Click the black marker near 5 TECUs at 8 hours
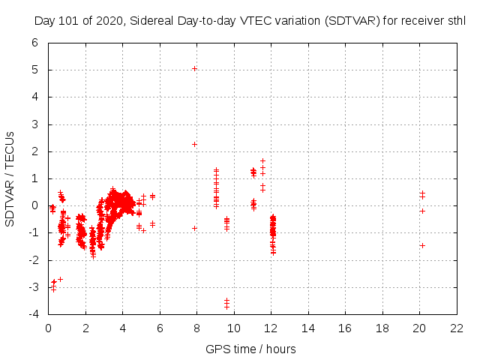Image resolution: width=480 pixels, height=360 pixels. pyautogui.click(x=194, y=68)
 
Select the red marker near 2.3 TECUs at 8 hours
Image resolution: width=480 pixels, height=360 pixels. pyautogui.click(x=194, y=144)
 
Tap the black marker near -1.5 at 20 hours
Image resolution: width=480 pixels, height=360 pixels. pyautogui.click(x=422, y=245)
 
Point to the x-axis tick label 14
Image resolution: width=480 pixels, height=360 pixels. pyautogui.click(x=308, y=328)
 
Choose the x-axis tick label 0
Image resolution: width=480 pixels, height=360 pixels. pyautogui.click(x=49, y=328)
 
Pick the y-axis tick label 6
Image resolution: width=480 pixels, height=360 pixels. pyautogui.click(x=35, y=43)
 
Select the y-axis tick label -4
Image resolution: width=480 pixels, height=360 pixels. pyautogui.click(x=34, y=314)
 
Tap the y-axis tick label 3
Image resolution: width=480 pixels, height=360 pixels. pyautogui.click(x=35, y=124)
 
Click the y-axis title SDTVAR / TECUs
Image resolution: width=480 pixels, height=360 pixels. pyautogui.click(x=10, y=178)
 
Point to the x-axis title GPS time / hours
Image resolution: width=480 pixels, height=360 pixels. pyautogui.click(x=251, y=349)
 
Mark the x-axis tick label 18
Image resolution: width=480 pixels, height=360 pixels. pyautogui.click(x=382, y=328)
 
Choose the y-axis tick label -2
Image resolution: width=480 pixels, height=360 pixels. pyautogui.click(x=34, y=260)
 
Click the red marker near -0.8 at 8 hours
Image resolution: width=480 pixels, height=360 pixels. pyautogui.click(x=194, y=228)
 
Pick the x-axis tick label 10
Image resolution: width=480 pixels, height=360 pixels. pyautogui.click(x=234, y=328)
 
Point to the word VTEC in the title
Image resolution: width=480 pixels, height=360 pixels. pyautogui.click(x=259, y=21)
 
